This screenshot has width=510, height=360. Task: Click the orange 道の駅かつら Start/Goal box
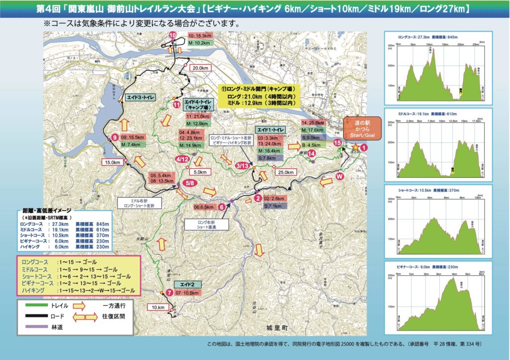363,128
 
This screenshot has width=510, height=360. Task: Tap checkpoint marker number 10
173,35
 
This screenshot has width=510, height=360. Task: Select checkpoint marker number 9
115,137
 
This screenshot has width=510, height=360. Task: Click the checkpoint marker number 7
169,292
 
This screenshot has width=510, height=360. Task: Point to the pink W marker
340,176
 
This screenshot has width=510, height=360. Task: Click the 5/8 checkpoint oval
189,183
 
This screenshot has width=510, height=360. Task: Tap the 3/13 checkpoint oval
243,165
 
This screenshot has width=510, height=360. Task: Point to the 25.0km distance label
283,172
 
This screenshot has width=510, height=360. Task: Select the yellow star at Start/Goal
355,147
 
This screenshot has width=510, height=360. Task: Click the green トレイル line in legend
34,305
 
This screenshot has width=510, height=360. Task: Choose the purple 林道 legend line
34,327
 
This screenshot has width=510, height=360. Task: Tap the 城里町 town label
277,328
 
